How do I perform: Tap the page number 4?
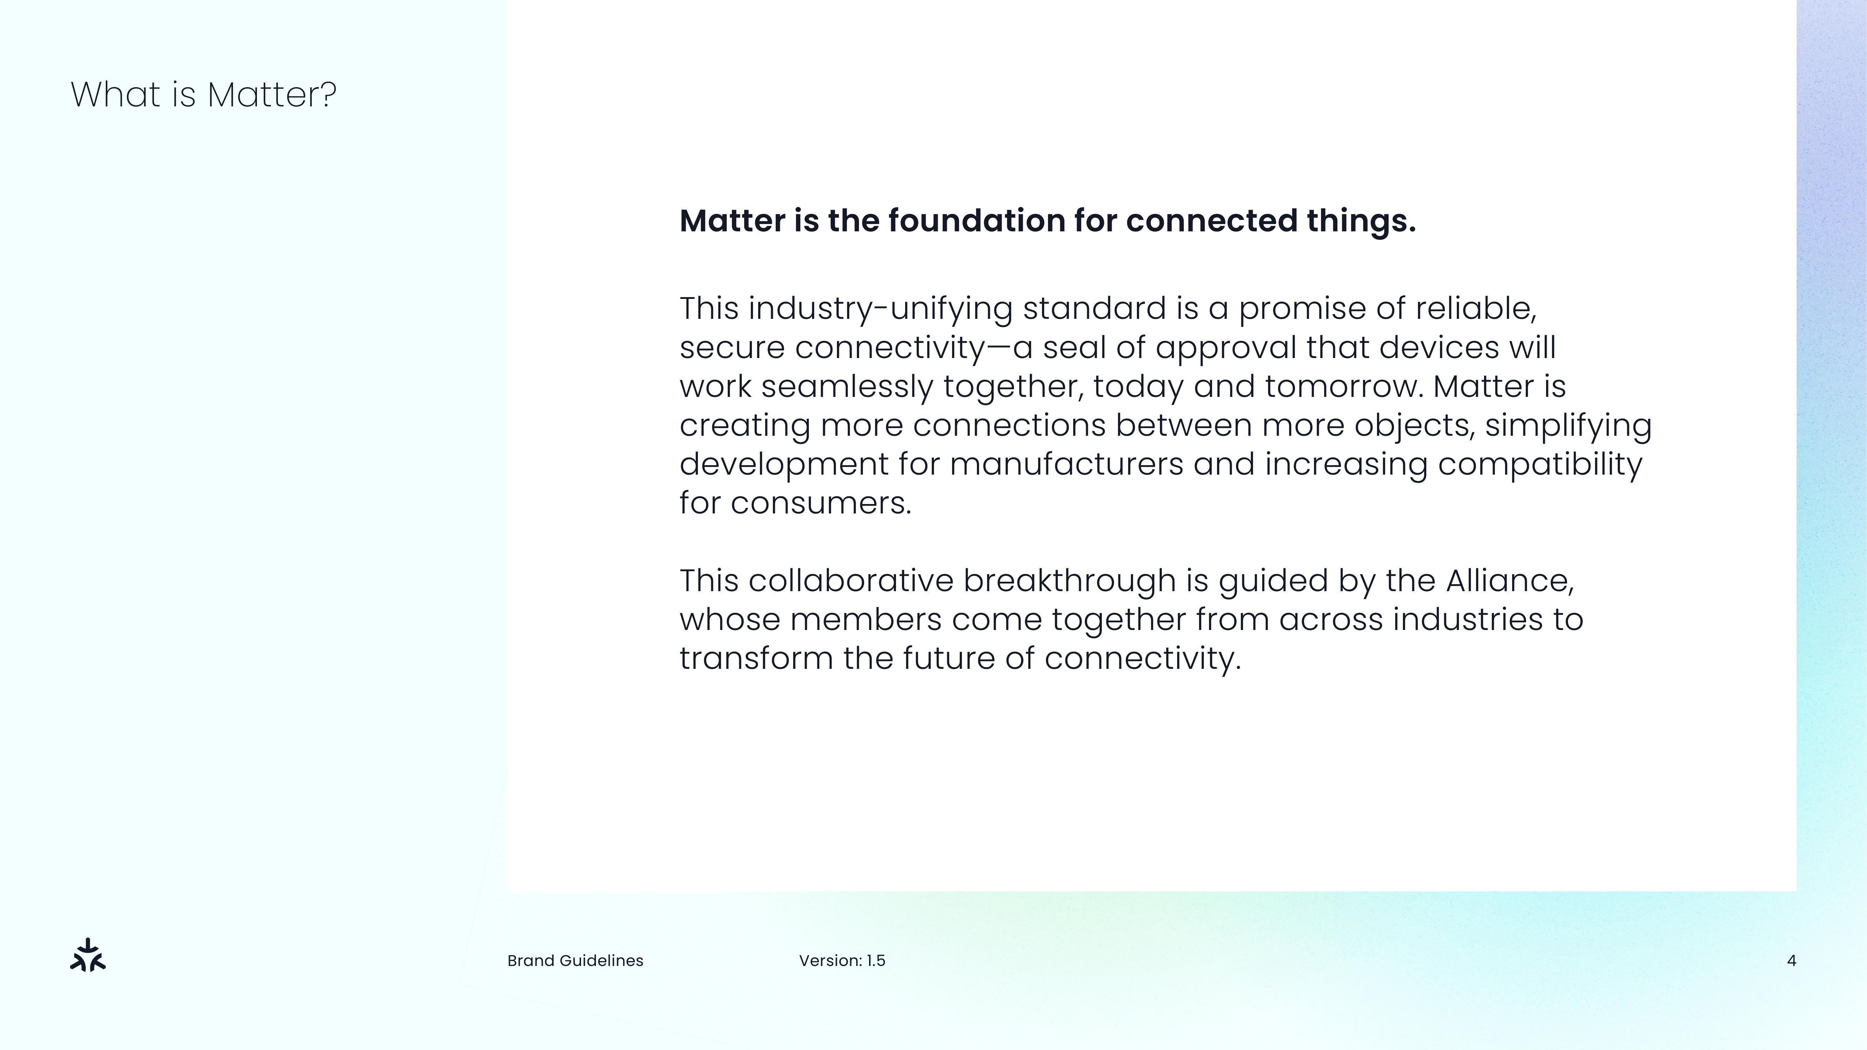1792,961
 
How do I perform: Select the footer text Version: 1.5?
842,961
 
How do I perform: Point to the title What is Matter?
204,95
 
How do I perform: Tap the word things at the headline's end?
1361,221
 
